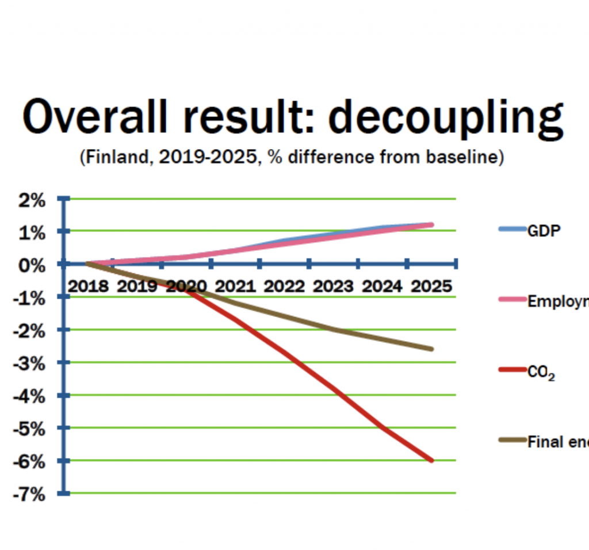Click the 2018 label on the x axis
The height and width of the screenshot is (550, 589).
coord(89,286)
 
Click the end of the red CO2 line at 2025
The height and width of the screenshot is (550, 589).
coord(431,460)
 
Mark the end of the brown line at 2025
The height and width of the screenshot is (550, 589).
coord(431,349)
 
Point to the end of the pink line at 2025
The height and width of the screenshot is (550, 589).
coord(431,225)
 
